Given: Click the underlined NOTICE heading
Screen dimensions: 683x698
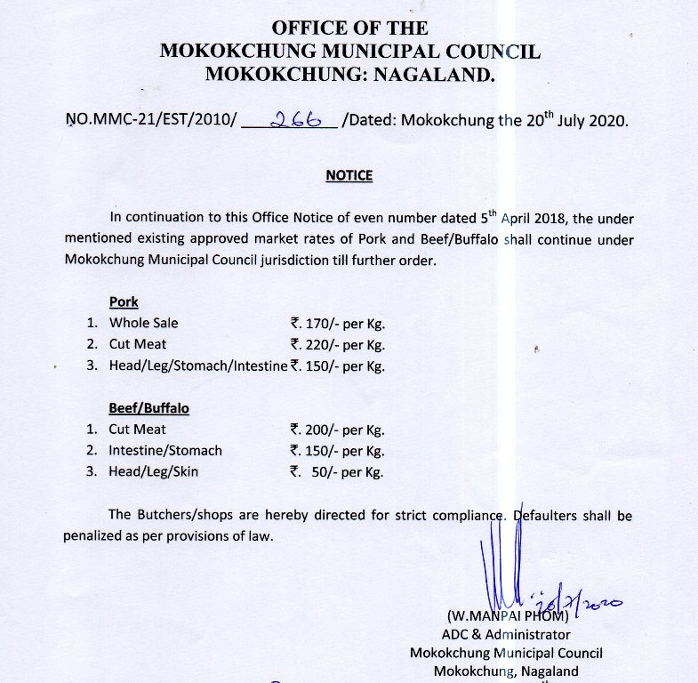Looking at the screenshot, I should [349, 175].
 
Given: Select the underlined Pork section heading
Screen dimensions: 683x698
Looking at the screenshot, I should [124, 301].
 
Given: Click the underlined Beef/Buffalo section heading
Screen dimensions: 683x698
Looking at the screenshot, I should [148, 408].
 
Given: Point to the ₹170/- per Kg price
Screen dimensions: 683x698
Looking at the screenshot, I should [337, 324].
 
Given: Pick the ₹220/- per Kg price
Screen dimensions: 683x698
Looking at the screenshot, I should [337, 345].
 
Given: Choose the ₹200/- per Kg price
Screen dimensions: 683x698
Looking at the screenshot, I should [337, 430].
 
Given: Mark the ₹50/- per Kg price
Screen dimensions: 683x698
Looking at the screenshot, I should [337, 472].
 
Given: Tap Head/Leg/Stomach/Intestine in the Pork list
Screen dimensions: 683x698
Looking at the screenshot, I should [198, 366].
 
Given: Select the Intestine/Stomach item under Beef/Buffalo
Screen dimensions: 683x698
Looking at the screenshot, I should [165, 451].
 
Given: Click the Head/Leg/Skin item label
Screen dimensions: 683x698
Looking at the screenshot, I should [154, 472].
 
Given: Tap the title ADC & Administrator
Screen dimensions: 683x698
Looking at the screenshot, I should [506, 635].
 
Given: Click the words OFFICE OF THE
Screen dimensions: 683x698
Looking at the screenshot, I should [349, 28].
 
